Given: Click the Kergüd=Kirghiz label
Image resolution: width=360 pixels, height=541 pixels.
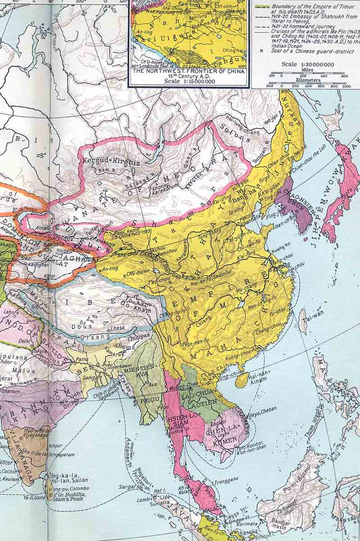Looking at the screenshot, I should (104, 161).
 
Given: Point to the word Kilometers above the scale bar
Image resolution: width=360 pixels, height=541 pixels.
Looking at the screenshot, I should (308, 80).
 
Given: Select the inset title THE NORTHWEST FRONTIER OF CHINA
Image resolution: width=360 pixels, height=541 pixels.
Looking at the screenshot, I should (188, 71).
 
